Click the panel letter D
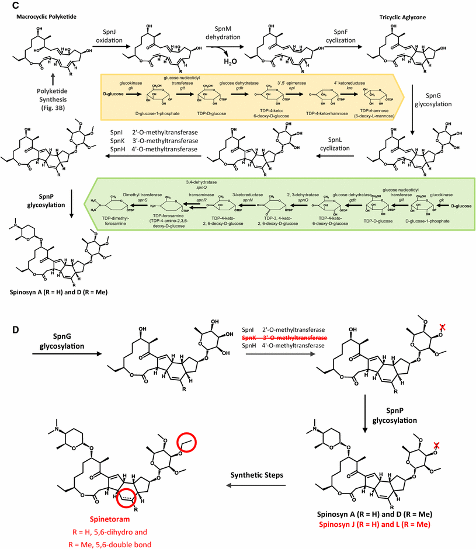pos(8,331)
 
